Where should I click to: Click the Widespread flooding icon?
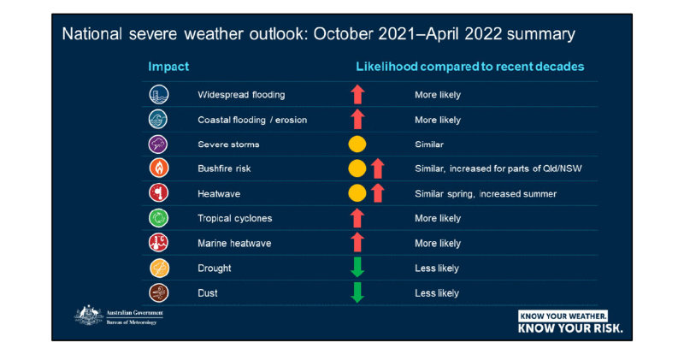[159, 95]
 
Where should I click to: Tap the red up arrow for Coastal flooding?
[357, 120]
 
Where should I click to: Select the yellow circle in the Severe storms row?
[357, 145]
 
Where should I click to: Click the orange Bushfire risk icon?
[159, 169]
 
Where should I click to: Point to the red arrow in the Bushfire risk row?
[377, 169]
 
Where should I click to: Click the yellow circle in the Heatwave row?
[357, 194]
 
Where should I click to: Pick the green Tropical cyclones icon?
[159, 219]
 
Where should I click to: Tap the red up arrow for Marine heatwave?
[357, 243]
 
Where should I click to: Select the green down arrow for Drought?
[357, 268]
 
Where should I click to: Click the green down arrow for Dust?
[357, 292]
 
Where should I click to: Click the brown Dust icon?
[159, 292]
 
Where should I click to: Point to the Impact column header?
[168, 67]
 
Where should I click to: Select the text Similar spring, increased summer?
[486, 194]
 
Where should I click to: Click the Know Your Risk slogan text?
[570, 328]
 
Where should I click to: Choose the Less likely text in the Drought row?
[437, 268]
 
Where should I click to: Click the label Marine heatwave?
[234, 243]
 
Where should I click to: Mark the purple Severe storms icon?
[159, 145]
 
